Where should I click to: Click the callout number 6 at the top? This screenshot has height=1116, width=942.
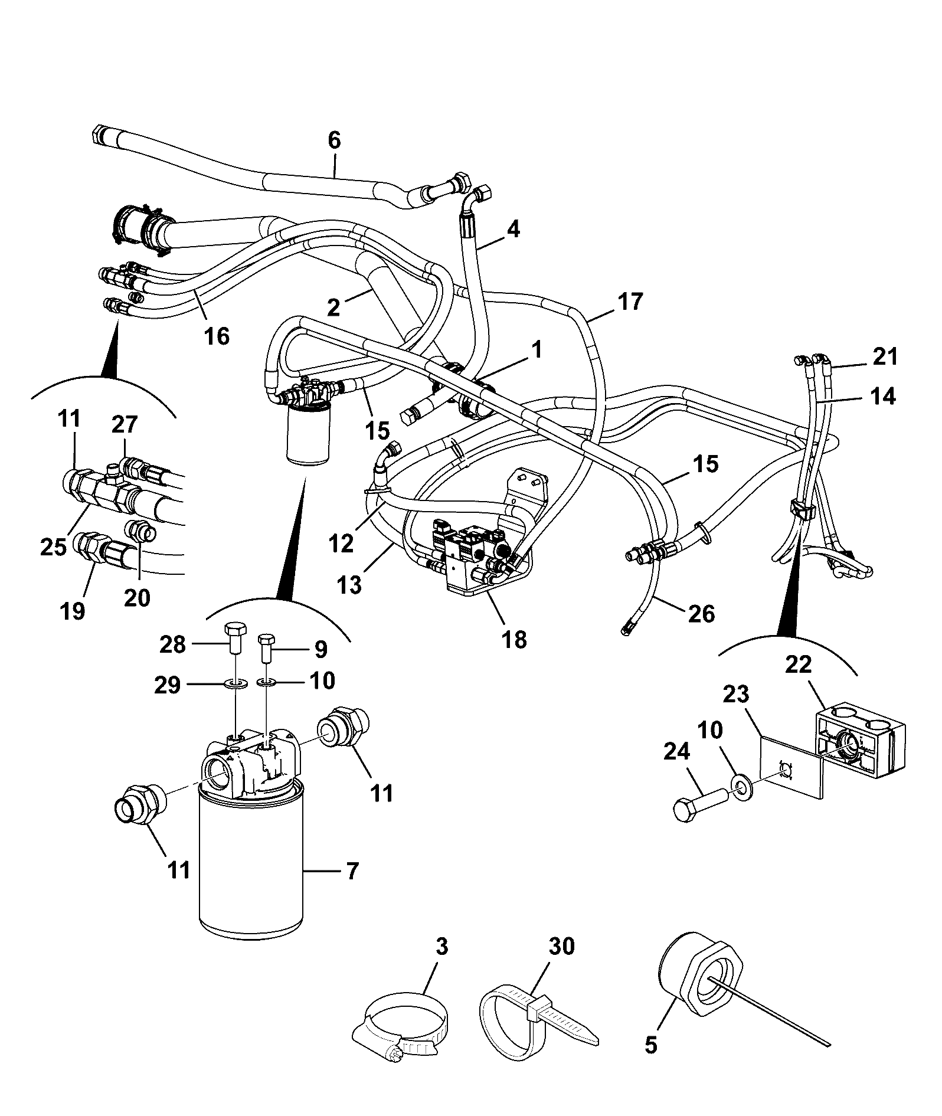(x=334, y=141)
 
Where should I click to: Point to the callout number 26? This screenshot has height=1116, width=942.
(x=701, y=614)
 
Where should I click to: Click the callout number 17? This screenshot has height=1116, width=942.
(x=630, y=302)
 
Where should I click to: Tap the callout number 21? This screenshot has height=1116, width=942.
(x=885, y=356)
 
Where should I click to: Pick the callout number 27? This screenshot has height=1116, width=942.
(x=125, y=424)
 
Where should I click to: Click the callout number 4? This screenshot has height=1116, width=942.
(x=513, y=229)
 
